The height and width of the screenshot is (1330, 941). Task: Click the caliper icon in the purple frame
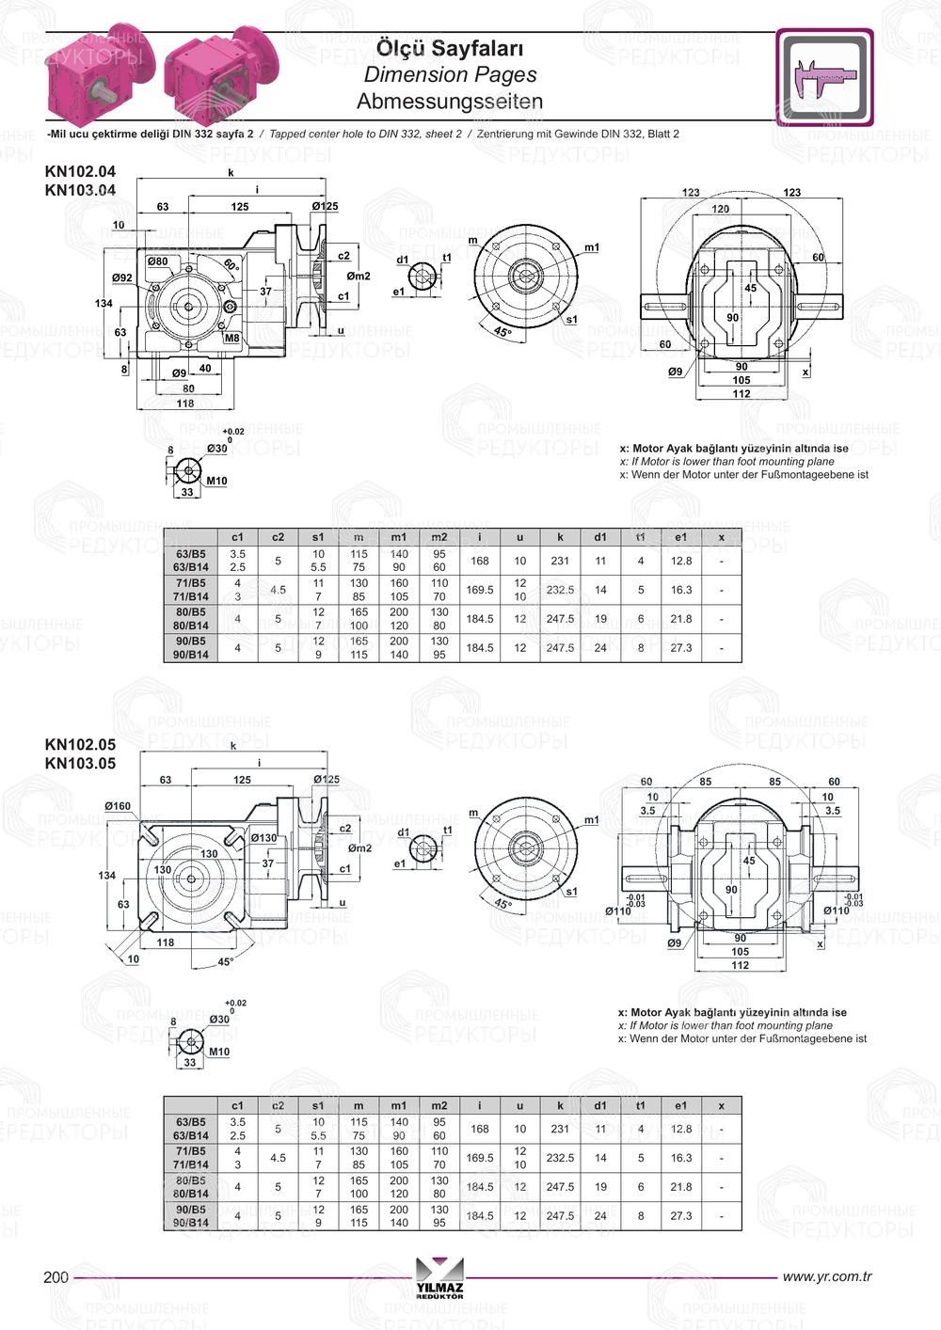(x=824, y=77)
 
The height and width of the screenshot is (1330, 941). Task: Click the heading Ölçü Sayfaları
(x=450, y=48)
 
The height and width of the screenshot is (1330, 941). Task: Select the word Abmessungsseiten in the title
(x=450, y=102)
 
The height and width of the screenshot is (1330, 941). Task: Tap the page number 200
(x=56, y=1276)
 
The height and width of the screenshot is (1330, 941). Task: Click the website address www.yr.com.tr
(x=827, y=1276)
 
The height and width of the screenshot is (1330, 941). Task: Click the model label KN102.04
(x=80, y=171)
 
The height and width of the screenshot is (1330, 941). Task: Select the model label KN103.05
(x=80, y=764)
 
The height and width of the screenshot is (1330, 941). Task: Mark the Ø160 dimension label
(x=118, y=806)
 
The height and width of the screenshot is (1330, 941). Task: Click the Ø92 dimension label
(x=122, y=278)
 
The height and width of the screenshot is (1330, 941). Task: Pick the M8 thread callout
(x=231, y=338)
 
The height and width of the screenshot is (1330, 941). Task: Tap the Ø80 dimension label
(x=157, y=261)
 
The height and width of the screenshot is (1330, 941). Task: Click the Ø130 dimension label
(x=263, y=838)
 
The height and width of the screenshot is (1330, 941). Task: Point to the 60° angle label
(x=231, y=266)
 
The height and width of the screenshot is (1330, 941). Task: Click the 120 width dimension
(x=720, y=209)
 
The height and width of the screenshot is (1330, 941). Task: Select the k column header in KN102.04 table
(x=560, y=537)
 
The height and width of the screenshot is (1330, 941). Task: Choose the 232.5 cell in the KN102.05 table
(x=560, y=1158)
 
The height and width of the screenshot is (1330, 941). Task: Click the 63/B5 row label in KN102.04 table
(x=190, y=554)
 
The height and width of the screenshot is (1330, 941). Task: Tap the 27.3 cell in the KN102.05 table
(x=681, y=1215)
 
